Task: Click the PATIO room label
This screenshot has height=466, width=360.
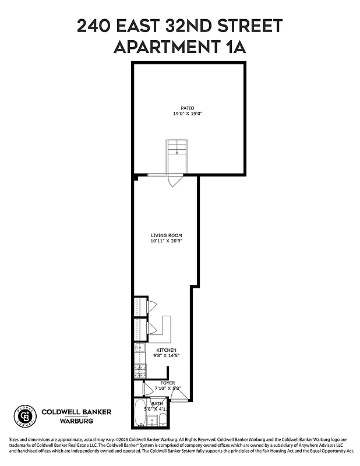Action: pos(186,108)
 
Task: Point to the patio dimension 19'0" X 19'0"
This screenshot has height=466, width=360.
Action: pos(186,114)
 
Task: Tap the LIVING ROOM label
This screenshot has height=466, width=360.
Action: pos(167,235)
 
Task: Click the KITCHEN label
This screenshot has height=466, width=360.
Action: pos(166,350)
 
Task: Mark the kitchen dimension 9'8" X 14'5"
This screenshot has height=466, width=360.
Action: pos(166,356)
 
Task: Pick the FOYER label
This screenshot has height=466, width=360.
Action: pos(168,383)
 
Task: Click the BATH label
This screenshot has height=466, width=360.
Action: pos(157,403)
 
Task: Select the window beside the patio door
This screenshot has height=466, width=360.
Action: pos(157,175)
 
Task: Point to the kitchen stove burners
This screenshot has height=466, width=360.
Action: pos(139,369)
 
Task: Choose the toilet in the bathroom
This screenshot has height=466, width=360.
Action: pos(164,421)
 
